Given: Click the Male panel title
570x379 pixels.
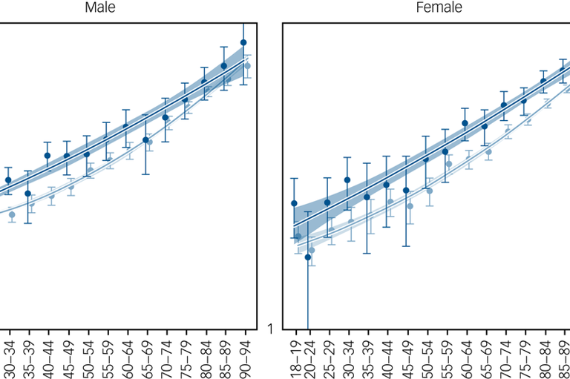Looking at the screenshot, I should (99, 8).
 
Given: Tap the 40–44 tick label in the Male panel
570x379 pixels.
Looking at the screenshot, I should (48, 356).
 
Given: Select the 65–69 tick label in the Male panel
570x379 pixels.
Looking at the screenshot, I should (147, 356).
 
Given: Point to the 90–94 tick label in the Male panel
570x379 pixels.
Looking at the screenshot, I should (245, 356).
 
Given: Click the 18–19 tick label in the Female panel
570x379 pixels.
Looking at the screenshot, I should (295, 356).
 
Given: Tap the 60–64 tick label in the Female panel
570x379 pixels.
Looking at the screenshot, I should (465, 356).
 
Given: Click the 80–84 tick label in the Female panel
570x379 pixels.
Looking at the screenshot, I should (544, 356).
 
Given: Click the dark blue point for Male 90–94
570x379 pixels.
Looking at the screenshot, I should (243, 43).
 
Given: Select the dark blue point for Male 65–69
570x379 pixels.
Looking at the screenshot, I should (146, 139).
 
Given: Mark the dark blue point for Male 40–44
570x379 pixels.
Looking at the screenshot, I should (47, 156).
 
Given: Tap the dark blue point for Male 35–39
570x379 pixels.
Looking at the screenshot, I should (28, 194).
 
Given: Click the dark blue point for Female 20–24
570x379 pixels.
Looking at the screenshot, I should (308, 257).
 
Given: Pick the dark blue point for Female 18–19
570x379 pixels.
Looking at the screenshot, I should (294, 203).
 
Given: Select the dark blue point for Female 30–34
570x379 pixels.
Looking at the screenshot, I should (347, 179).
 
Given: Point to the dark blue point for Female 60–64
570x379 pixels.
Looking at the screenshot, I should (465, 123).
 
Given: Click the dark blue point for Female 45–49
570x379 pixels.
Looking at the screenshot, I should (406, 190).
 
